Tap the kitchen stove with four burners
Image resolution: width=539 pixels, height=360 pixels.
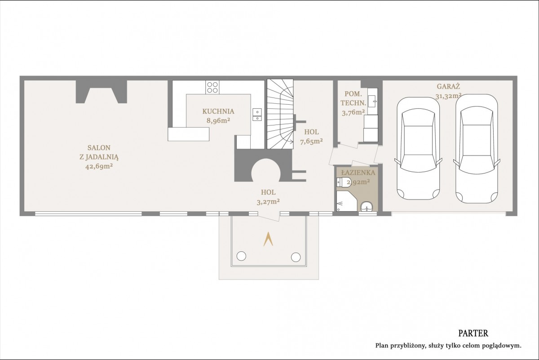click(x=212, y=87)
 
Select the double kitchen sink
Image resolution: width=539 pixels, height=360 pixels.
click(x=257, y=115)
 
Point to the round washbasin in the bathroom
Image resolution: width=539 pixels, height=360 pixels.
click(x=367, y=207)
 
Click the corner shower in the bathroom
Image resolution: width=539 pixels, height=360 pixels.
click(x=346, y=201)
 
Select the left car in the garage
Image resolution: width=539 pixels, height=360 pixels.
click(x=418, y=148)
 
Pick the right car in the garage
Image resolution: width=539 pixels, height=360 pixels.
click(x=477, y=148)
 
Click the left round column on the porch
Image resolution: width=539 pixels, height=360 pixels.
click(x=241, y=256)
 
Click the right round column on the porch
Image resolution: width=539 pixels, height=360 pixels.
click(x=296, y=257)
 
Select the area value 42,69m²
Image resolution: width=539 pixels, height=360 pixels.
click(x=99, y=166)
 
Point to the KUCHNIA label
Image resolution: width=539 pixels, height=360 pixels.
click(x=218, y=111)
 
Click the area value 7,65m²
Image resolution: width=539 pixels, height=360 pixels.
click(x=311, y=142)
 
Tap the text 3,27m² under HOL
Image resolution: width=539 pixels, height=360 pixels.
click(x=268, y=201)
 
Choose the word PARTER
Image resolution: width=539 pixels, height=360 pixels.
click(x=473, y=333)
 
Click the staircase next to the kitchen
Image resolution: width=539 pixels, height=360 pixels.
click(x=280, y=114)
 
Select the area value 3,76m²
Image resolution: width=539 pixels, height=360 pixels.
click(x=353, y=112)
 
